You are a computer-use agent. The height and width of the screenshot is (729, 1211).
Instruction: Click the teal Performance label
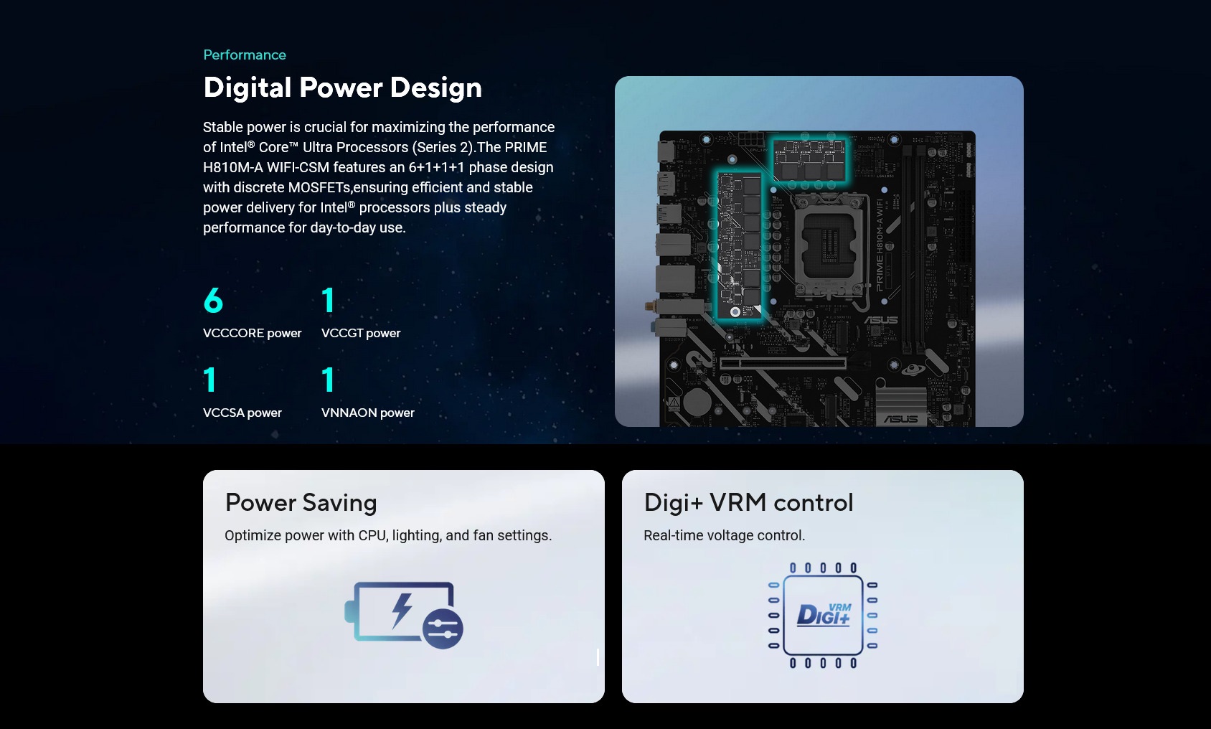pos(245,55)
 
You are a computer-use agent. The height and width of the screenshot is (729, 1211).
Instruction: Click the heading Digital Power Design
pos(342,88)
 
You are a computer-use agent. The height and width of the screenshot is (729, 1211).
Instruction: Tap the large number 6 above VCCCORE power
pos(213,300)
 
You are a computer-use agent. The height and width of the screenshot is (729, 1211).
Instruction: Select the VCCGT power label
pos(361,333)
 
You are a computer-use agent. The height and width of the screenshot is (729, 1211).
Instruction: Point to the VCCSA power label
pos(242,413)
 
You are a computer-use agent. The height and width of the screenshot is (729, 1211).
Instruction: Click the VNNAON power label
pos(367,413)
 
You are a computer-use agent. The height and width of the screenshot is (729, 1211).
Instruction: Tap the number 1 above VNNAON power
pos(328,380)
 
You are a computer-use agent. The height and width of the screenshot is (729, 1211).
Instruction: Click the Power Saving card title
pos(301,502)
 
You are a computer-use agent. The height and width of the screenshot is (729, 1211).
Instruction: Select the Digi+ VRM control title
pos(748,502)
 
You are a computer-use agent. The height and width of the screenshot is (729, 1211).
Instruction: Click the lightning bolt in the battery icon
pos(402,611)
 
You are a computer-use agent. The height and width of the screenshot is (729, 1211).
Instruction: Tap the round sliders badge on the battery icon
pos(443,629)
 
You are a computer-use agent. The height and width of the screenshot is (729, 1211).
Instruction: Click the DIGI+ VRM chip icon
pos(823,616)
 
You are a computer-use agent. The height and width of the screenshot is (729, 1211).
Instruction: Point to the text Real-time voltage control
pos(724,535)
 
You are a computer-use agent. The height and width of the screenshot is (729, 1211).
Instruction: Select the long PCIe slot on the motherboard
pos(783,363)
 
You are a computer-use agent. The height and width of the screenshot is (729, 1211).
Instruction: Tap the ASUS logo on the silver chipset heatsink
pos(900,419)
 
